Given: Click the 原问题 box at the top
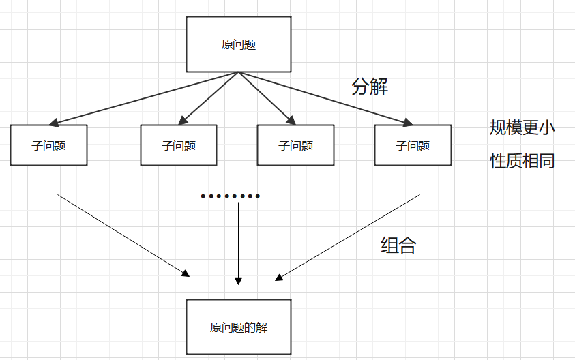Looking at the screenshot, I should click(x=239, y=44).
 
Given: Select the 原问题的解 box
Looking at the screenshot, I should click(x=239, y=327).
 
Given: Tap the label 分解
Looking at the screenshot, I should click(x=370, y=87).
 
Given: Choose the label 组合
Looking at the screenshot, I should click(x=398, y=246).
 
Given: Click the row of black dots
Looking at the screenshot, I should click(x=231, y=196).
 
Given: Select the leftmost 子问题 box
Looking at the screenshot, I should click(x=48, y=145).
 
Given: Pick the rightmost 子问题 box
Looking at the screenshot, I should click(x=413, y=145).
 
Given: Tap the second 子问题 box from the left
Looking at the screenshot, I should click(x=179, y=145).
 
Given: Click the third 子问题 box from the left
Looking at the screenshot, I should click(x=296, y=145).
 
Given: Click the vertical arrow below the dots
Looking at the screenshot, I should click(x=238, y=239).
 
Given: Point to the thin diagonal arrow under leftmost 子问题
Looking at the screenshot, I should click(x=123, y=235).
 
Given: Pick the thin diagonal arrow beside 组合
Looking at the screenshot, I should click(x=348, y=237).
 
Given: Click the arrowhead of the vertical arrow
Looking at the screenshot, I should click(x=238, y=280).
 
